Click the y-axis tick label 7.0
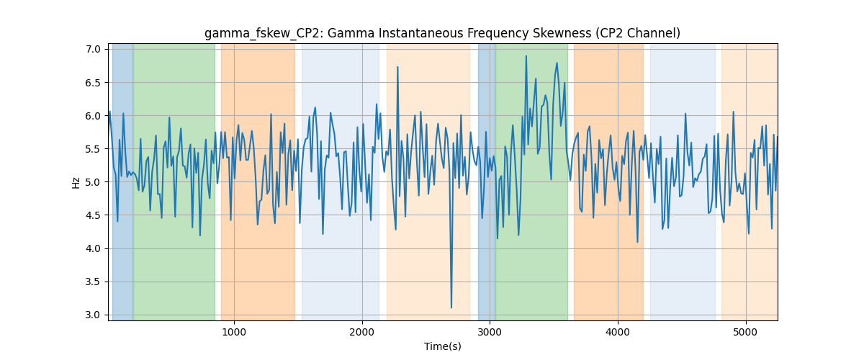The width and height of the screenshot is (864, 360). point(93,50)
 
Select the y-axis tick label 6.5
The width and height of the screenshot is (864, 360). point(93,83)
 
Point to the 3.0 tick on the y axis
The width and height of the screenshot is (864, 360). point(93,315)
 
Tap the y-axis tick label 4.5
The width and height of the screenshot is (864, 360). point(93,215)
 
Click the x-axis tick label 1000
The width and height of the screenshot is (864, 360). point(234,332)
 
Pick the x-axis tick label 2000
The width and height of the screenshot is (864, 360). point(362,332)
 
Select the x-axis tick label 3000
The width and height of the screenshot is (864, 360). point(490,332)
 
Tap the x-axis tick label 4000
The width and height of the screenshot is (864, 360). point(618,332)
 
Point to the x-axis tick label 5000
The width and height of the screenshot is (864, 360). point(746,332)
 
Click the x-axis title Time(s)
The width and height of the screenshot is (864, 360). point(443,346)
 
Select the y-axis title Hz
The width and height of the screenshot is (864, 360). point(76,182)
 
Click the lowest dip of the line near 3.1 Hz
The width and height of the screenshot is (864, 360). point(451,307)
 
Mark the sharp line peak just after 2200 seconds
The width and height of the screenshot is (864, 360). point(397,67)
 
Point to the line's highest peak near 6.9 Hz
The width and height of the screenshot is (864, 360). point(526,56)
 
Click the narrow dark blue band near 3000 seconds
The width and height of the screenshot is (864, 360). point(487,181)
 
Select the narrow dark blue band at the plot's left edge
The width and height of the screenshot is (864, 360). point(122,181)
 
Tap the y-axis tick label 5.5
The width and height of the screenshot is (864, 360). point(93,149)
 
